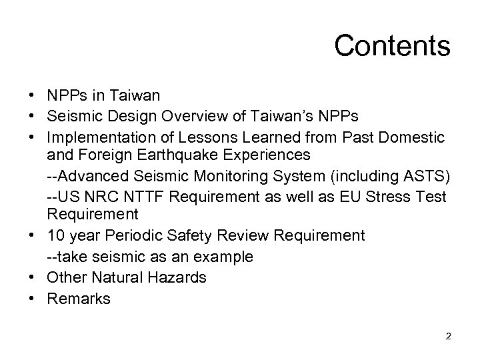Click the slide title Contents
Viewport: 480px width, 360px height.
(x=392, y=46)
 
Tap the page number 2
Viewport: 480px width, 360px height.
(x=449, y=337)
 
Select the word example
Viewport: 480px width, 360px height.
(x=223, y=257)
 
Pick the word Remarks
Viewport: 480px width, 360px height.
(x=79, y=298)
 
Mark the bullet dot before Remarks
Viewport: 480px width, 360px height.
(x=32, y=298)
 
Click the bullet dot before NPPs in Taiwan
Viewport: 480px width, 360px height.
(x=32, y=96)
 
